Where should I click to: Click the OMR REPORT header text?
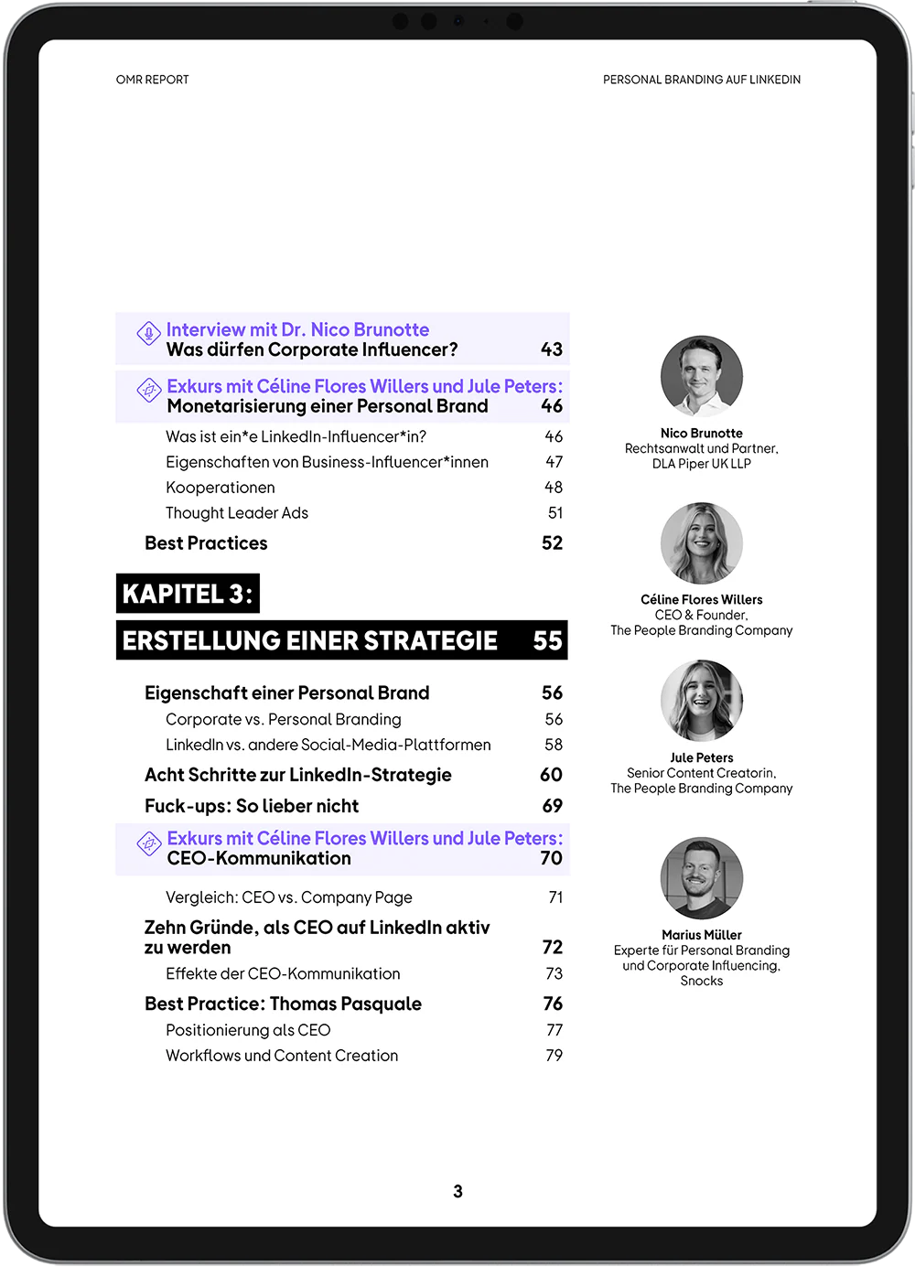152,80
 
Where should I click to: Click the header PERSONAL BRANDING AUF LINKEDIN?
701,80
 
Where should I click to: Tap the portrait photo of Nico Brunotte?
702,376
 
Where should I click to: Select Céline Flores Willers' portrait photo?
702,543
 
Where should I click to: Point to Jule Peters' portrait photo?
702,701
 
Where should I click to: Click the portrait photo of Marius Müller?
702,878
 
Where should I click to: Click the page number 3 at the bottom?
457,1191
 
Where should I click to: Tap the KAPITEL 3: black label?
188,594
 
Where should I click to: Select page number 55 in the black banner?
548,640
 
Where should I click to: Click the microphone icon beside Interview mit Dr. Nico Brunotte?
148,333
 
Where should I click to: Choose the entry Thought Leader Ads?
237,513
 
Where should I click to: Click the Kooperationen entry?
221,488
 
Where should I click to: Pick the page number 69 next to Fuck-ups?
552,806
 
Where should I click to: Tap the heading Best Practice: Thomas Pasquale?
283,1004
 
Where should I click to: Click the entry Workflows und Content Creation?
282,1056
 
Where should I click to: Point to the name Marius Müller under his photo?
702,935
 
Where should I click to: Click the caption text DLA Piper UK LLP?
702,464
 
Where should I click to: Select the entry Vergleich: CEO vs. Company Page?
289,897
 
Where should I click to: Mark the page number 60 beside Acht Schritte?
551,775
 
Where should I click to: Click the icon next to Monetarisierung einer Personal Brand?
148,390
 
